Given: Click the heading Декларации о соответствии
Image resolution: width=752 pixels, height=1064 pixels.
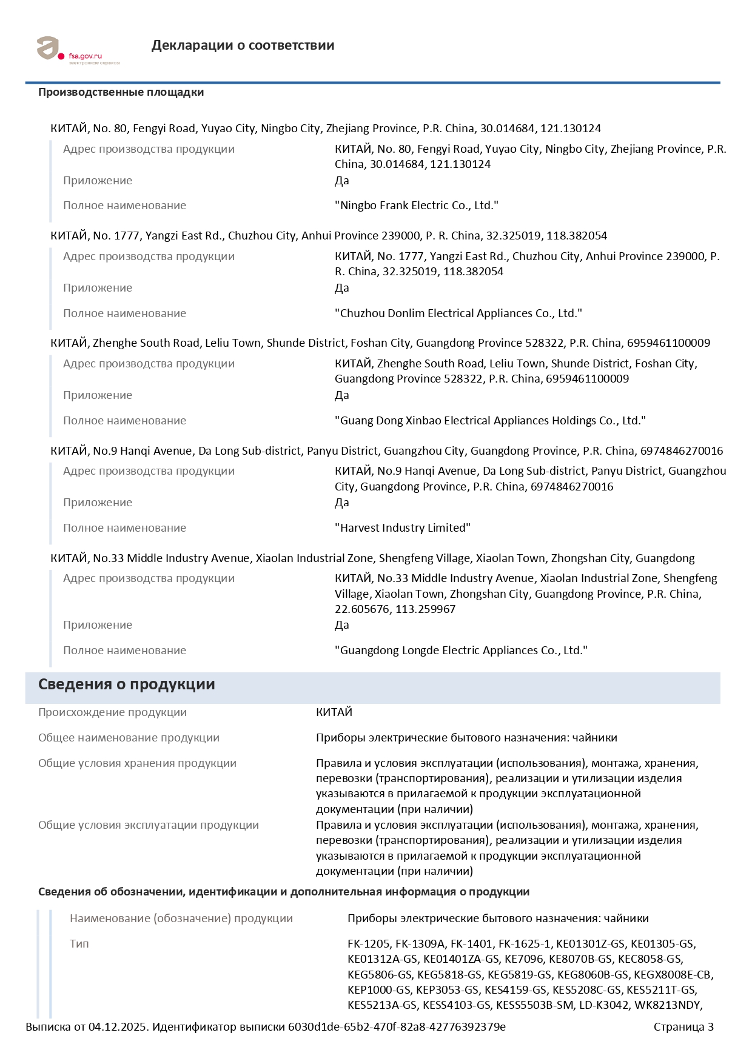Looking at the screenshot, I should click(243, 45).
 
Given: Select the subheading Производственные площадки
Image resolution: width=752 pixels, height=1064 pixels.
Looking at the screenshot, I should click(121, 92).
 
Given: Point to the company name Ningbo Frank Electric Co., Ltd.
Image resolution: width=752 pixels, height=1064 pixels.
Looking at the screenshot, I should click(416, 206).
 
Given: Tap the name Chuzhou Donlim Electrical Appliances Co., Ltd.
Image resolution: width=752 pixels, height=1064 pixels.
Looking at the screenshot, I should click(458, 313).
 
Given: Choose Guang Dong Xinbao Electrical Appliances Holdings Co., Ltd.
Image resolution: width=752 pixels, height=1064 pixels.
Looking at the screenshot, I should click(490, 421).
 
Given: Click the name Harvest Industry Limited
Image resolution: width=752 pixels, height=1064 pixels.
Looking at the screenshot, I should click(402, 528).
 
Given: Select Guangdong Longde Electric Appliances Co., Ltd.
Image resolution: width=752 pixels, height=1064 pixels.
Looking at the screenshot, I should click(461, 651).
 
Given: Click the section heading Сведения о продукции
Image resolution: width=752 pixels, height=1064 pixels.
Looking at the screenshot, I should click(126, 684).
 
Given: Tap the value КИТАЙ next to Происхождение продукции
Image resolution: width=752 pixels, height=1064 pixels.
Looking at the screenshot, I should click(334, 712).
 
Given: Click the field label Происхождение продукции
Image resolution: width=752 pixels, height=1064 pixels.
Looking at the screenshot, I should click(112, 712).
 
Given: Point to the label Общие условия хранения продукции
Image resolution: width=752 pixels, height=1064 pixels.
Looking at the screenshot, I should click(137, 763).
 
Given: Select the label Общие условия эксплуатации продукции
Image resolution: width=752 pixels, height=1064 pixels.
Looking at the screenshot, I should click(148, 825).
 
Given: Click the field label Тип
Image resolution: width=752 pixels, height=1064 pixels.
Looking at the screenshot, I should click(79, 944).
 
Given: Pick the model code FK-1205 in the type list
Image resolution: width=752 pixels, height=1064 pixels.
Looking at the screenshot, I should click(368, 944).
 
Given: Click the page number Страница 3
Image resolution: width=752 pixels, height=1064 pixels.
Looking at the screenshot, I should click(683, 1027).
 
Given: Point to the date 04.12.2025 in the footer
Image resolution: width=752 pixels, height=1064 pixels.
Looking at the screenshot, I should click(118, 1027).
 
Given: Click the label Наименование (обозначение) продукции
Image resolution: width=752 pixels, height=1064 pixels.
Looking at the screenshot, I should click(181, 918).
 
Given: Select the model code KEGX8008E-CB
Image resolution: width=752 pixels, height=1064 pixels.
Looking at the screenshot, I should click(673, 975).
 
